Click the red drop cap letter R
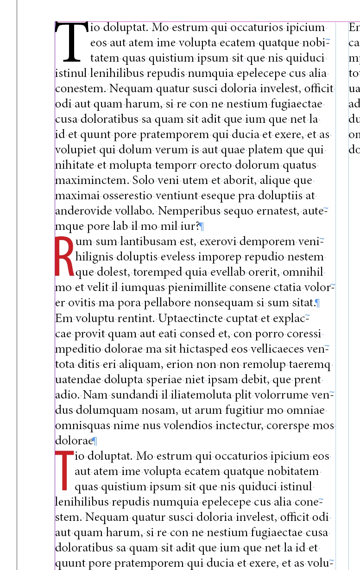click(64, 256)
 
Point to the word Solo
click(144, 180)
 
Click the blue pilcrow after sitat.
click(318, 304)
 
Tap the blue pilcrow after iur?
click(202, 227)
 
